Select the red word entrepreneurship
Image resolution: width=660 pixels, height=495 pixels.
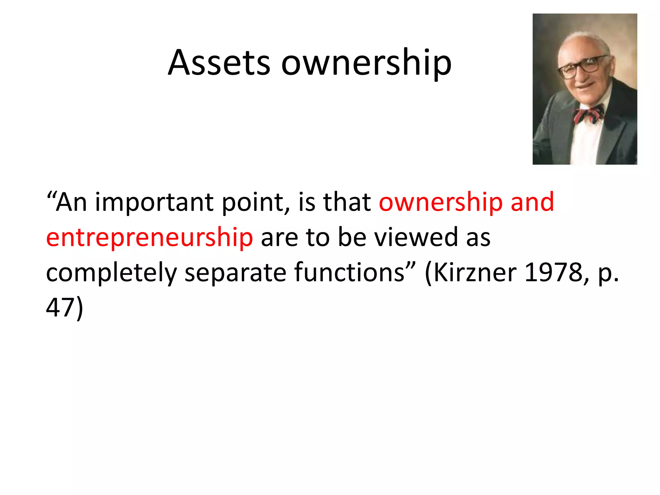[x=150, y=238]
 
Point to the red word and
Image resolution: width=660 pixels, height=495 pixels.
[x=532, y=202]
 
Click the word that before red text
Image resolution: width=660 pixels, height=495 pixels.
[x=347, y=202]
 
